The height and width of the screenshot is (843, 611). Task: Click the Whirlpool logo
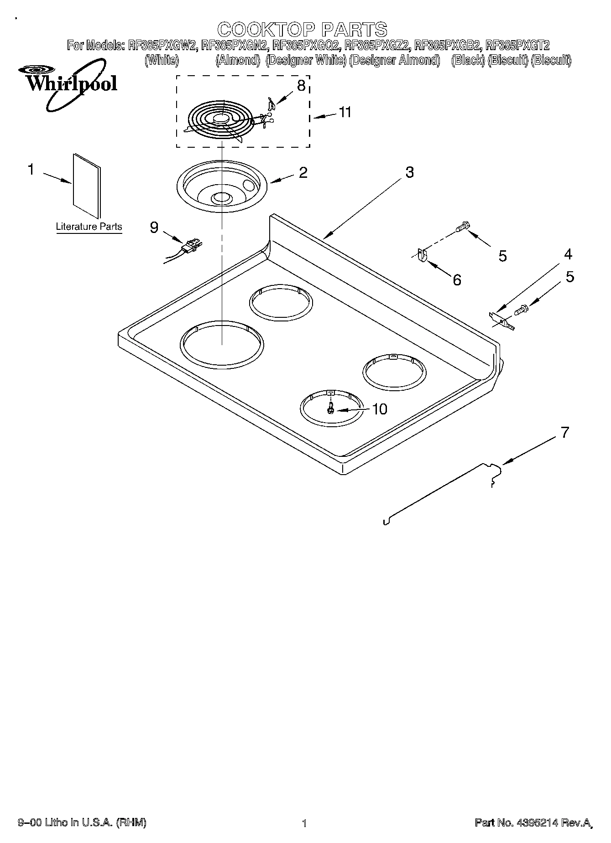[x=68, y=84]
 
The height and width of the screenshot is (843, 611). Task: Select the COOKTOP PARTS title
[x=302, y=30]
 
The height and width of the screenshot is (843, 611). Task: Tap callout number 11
[x=345, y=112]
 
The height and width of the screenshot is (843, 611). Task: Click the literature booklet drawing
[x=87, y=186]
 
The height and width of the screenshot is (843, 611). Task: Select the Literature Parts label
[x=89, y=227]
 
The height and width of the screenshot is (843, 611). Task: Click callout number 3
[x=409, y=172]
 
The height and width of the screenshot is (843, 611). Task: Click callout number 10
[x=379, y=409]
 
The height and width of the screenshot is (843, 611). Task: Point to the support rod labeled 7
[x=438, y=492]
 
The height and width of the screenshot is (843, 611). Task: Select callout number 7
[x=565, y=432]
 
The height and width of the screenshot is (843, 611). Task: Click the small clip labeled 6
[x=422, y=255]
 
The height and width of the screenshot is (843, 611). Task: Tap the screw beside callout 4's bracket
[x=521, y=310]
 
